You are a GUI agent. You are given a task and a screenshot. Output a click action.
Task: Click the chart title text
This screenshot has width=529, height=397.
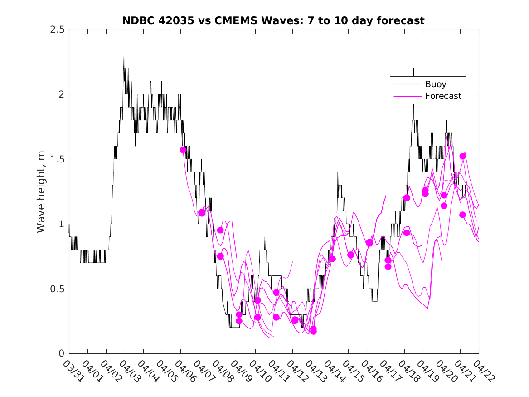click(x=273, y=20)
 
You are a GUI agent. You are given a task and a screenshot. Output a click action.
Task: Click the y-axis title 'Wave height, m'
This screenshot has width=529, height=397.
click(x=41, y=191)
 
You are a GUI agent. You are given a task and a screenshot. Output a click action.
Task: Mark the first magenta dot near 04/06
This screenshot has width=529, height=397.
click(x=183, y=150)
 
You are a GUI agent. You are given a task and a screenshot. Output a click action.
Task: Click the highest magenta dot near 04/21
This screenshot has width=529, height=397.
click(x=462, y=156)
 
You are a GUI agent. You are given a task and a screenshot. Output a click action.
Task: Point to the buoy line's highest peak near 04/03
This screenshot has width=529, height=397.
click(x=124, y=56)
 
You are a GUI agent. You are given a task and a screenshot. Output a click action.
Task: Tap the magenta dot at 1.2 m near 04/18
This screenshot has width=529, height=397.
click(x=407, y=198)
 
